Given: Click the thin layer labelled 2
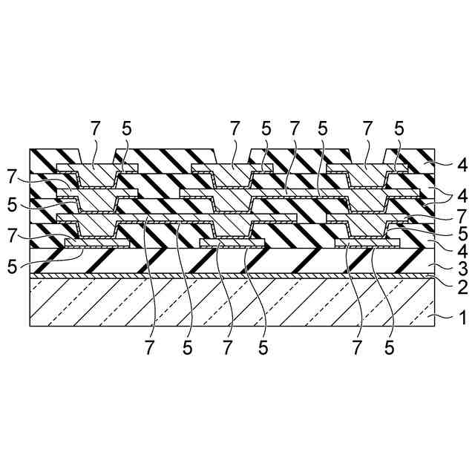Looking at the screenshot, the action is pyautogui.click(x=223, y=275).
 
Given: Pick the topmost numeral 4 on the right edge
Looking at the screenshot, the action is pyautogui.click(x=462, y=166).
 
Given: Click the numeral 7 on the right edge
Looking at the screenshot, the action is pyautogui.click(x=462, y=215).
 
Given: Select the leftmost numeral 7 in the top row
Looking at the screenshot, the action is pyautogui.click(x=95, y=128).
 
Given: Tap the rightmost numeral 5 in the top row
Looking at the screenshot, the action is pyautogui.click(x=399, y=128).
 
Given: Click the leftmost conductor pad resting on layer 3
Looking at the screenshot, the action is pyautogui.click(x=97, y=243).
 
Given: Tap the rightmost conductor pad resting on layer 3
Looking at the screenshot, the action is pyautogui.click(x=367, y=243).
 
